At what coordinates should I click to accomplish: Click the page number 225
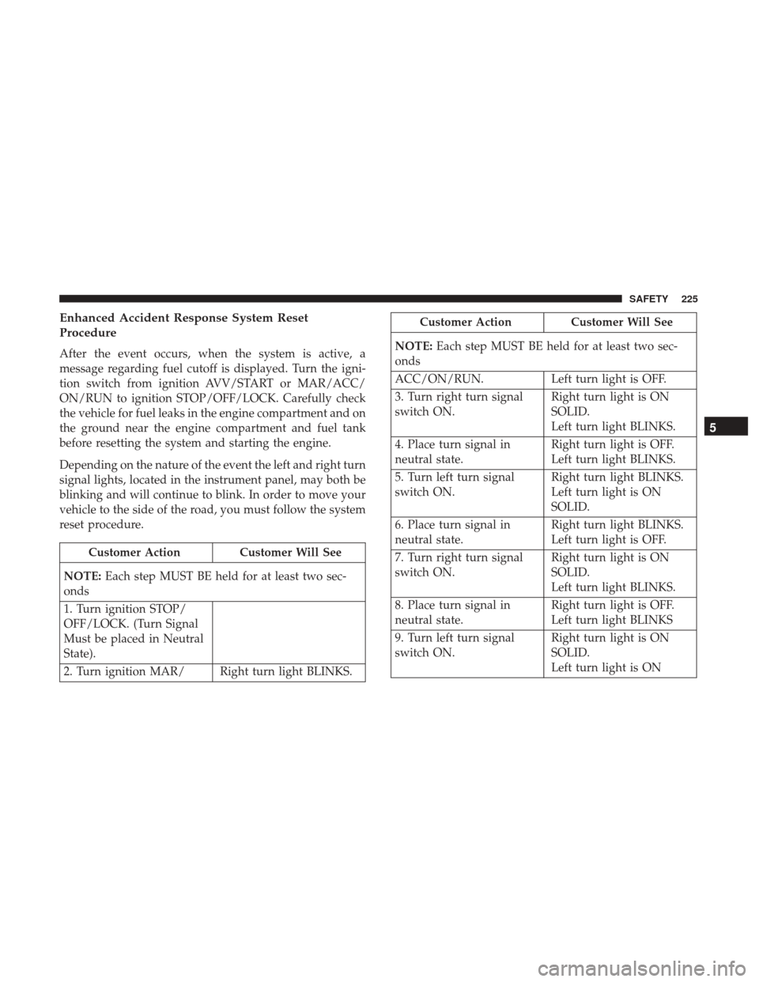[x=690, y=299]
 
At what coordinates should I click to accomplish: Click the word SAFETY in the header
[x=648, y=299]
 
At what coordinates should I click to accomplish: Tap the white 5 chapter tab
[x=725, y=428]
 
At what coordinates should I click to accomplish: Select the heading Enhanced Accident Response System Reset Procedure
[x=183, y=326]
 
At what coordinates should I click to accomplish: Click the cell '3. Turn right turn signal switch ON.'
[x=467, y=412]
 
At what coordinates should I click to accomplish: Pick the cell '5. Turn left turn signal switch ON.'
[x=467, y=493]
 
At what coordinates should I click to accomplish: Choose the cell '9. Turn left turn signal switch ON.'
[x=467, y=653]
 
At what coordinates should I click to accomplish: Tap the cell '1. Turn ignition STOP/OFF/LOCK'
[x=136, y=631]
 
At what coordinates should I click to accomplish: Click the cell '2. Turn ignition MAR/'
[x=136, y=671]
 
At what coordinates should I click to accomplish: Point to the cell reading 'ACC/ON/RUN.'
[x=467, y=380]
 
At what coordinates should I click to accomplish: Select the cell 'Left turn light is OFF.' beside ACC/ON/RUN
[x=620, y=380]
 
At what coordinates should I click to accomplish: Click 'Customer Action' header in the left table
[x=134, y=552]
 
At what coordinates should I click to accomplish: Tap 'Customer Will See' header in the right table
[x=621, y=323]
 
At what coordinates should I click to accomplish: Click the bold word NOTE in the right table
[x=413, y=346]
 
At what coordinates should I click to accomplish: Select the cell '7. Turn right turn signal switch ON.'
[x=467, y=573]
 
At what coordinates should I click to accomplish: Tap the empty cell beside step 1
[x=289, y=631]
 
